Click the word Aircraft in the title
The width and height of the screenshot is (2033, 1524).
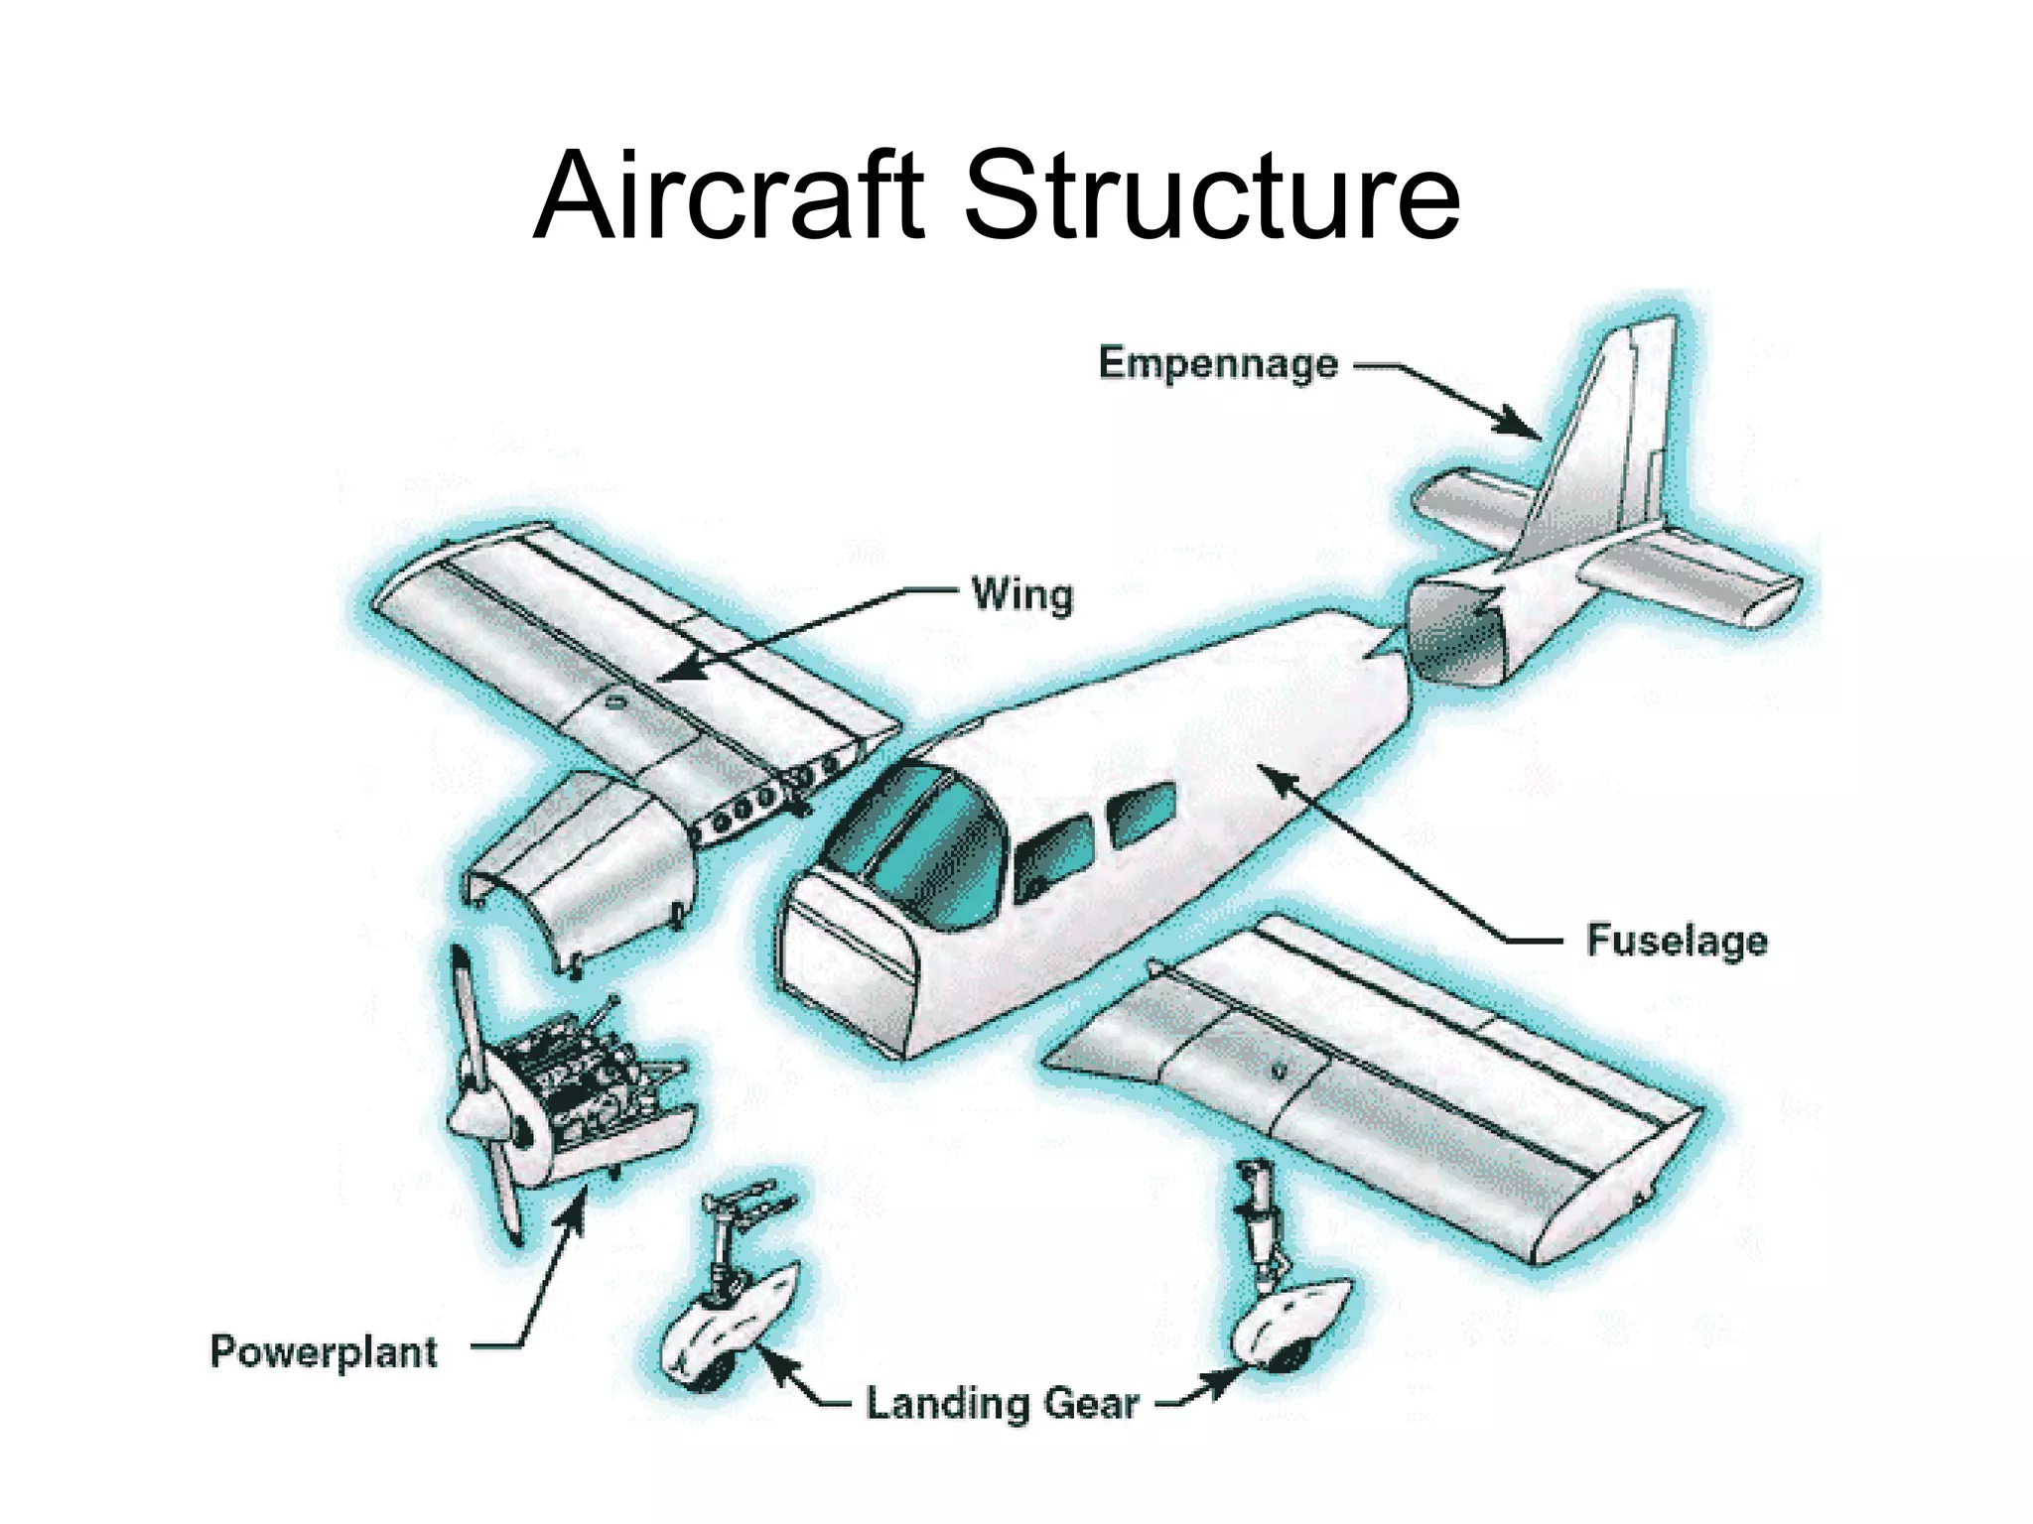(730, 195)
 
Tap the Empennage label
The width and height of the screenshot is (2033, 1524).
(1217, 364)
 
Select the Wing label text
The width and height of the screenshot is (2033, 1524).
(1021, 595)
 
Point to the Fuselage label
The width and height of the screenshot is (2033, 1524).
(1676, 940)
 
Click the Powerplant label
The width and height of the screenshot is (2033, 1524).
(324, 1352)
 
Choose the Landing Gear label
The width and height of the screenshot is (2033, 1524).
(1002, 1404)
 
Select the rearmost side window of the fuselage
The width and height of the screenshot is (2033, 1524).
(1142, 814)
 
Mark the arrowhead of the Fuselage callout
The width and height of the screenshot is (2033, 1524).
(1281, 784)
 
